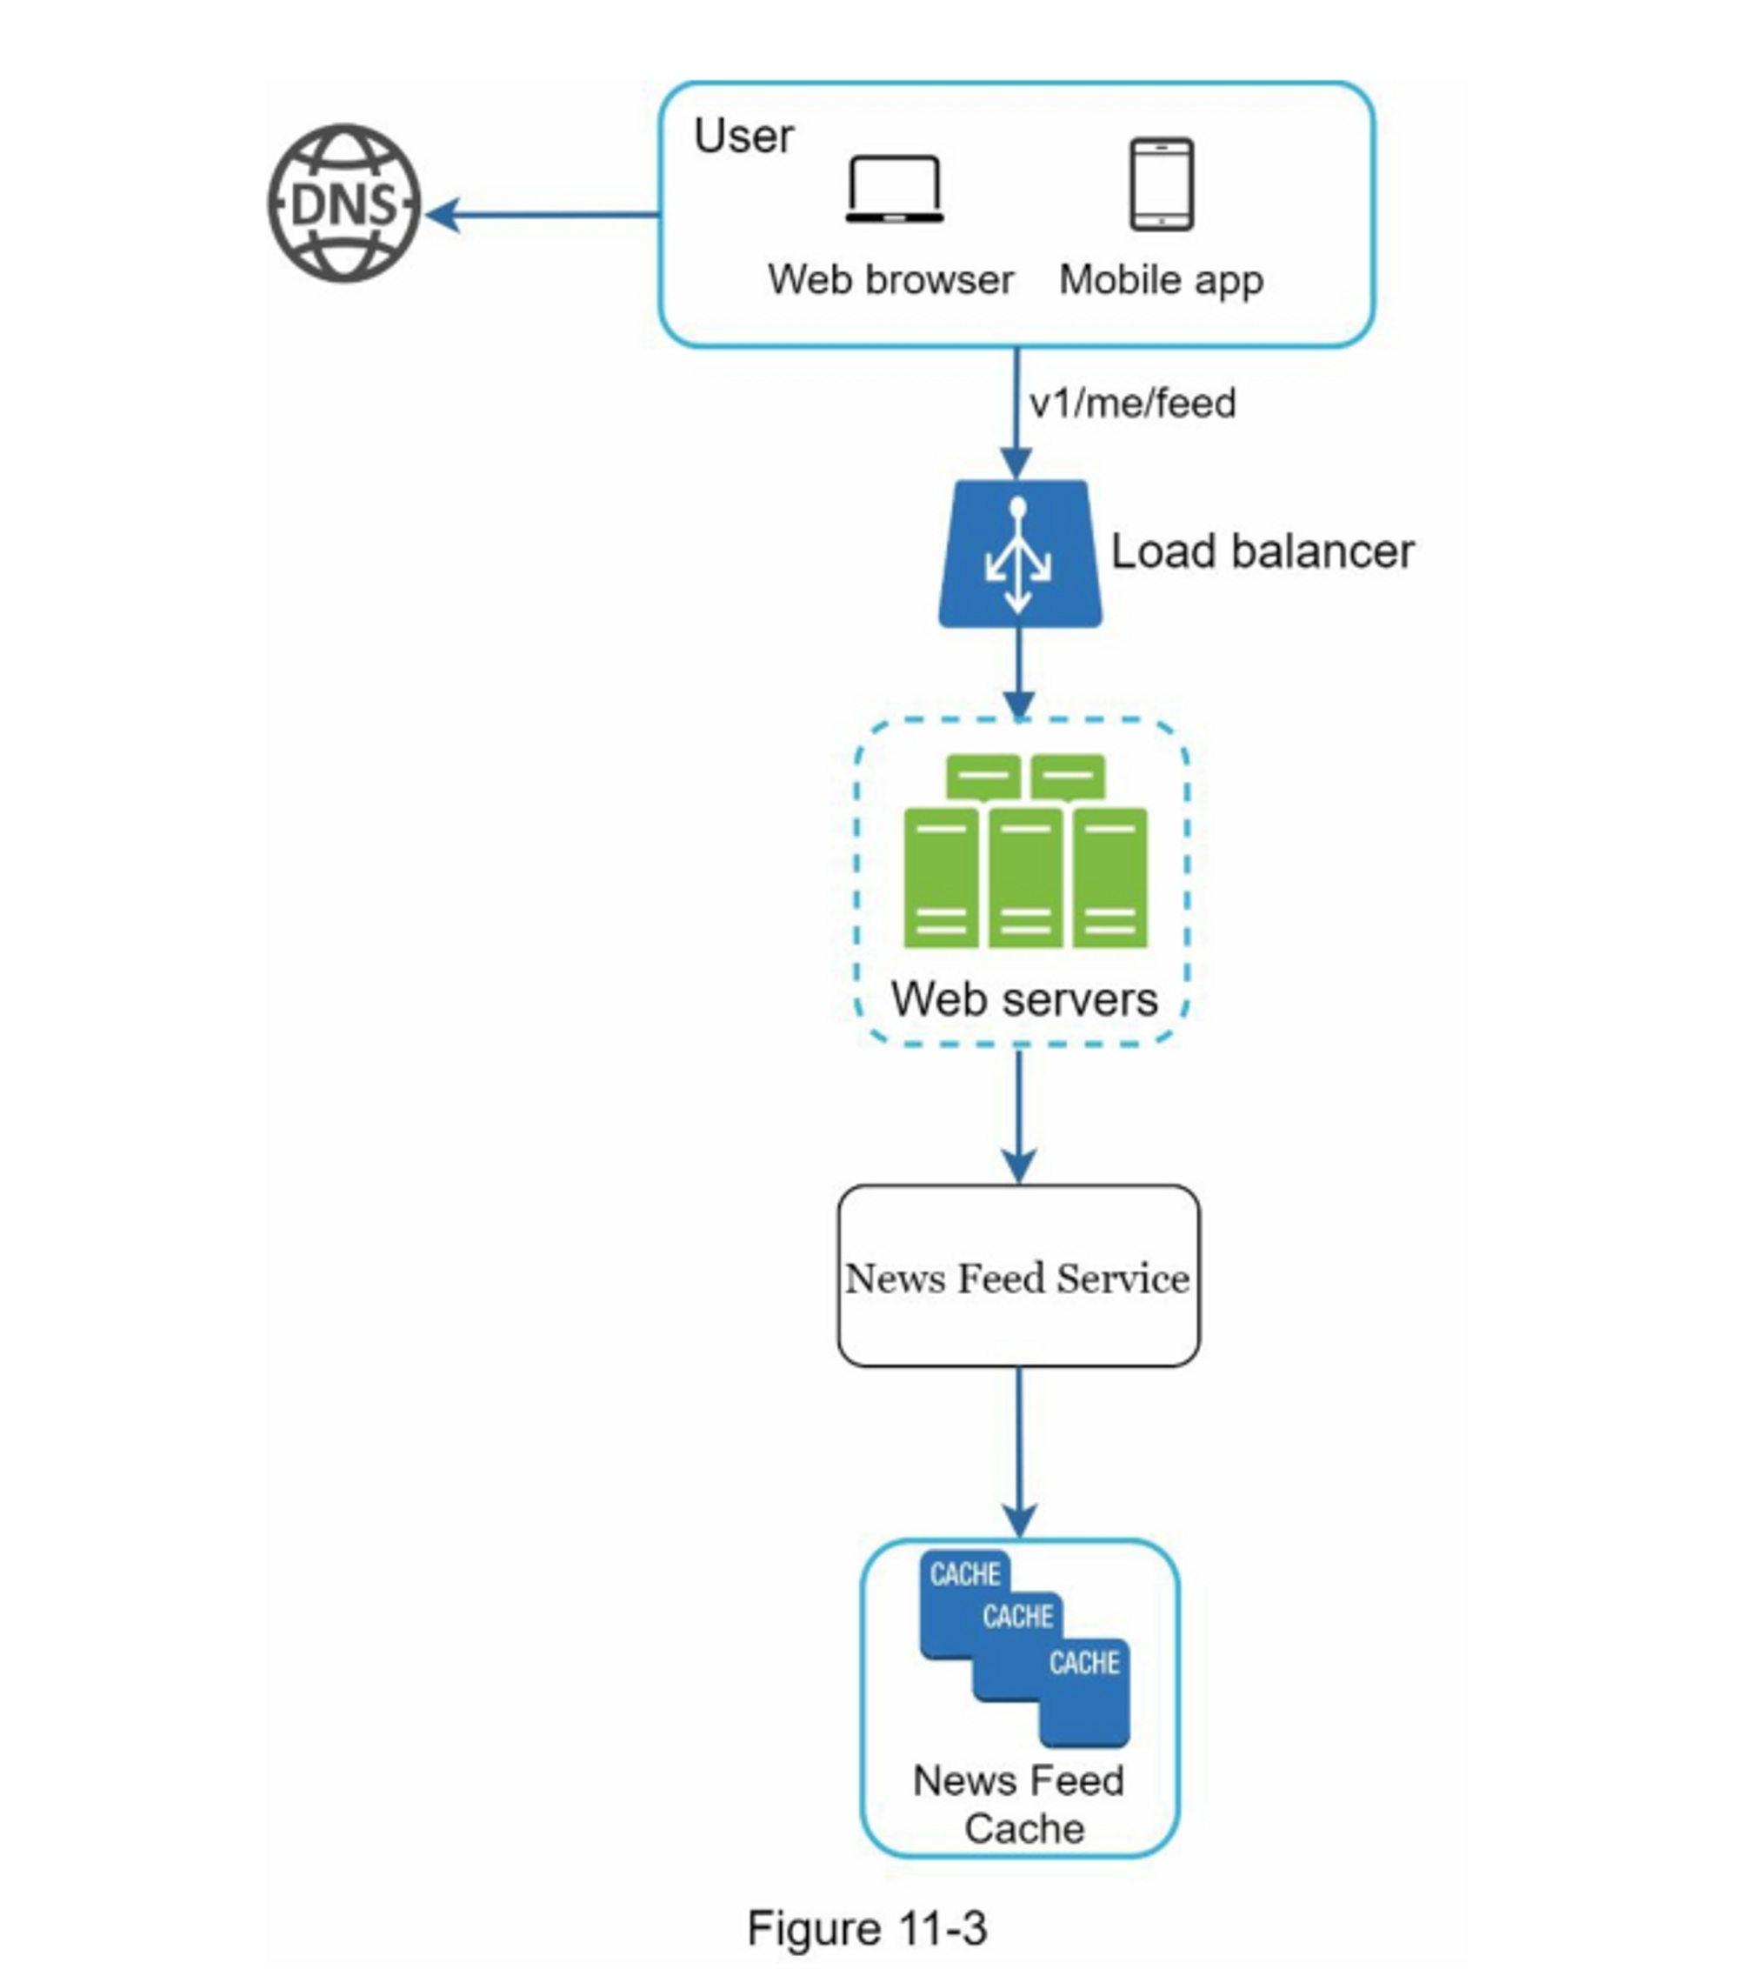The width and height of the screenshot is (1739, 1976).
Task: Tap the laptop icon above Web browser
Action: (894, 190)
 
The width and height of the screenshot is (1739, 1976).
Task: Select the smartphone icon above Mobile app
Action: (1161, 184)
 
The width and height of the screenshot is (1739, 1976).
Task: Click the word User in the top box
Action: (743, 137)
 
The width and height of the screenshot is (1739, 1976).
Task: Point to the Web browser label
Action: (890, 280)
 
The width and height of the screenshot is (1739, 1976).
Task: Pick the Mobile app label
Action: (1161, 280)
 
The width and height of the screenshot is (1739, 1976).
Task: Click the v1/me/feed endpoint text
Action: (1133, 404)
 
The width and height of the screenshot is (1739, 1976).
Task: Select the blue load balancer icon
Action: (1019, 554)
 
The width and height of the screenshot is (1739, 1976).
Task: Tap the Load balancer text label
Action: (1262, 552)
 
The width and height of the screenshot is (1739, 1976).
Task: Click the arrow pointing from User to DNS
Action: (542, 215)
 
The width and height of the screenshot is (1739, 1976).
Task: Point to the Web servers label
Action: (1023, 998)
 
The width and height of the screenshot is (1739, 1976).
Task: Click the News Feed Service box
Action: (1018, 1276)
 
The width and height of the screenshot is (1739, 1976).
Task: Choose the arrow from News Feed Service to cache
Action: (1019, 1450)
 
